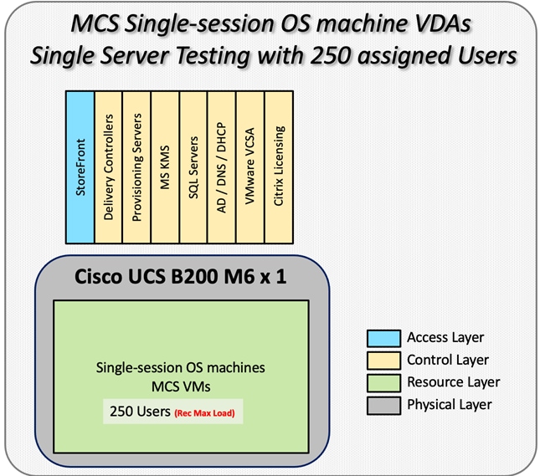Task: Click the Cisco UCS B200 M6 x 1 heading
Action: tap(181, 275)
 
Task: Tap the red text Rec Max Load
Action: tap(206, 412)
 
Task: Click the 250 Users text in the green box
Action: tap(140, 412)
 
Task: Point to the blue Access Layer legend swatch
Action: tap(382, 338)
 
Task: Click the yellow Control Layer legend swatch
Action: tap(382, 360)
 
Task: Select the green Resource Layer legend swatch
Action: tap(382, 382)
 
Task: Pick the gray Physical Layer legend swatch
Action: tap(382, 404)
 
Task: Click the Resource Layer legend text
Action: tap(453, 382)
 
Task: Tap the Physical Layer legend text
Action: tap(450, 404)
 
